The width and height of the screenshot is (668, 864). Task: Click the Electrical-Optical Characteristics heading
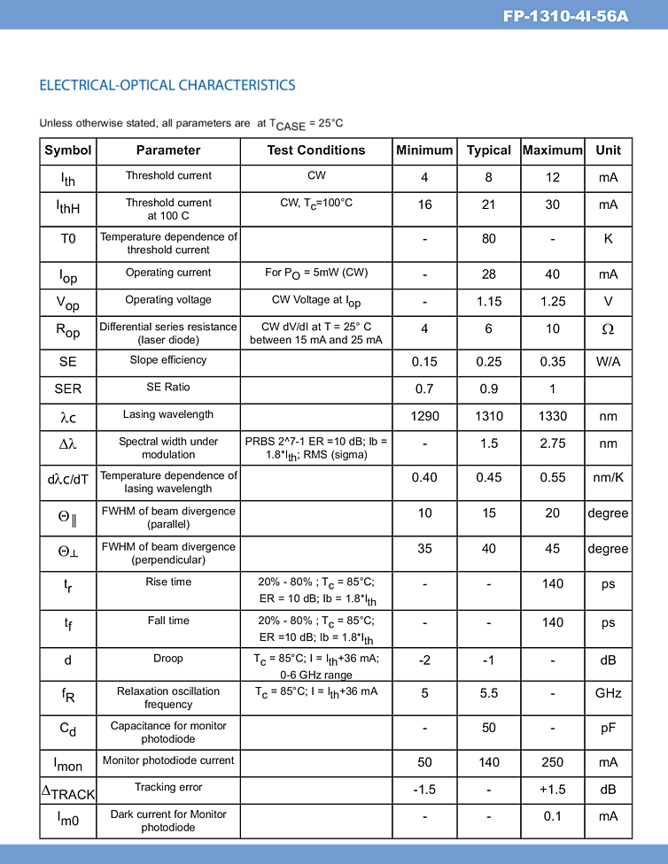click(x=167, y=85)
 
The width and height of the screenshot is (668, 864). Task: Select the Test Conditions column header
click(x=316, y=150)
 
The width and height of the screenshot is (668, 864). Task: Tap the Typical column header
click(x=489, y=150)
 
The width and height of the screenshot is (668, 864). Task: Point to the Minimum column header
click(x=424, y=150)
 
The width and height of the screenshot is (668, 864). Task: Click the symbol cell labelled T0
click(x=68, y=239)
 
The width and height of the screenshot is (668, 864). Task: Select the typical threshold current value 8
click(x=489, y=178)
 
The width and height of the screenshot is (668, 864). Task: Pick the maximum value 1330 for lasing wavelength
click(x=553, y=416)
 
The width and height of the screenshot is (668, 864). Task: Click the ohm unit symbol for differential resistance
click(x=608, y=328)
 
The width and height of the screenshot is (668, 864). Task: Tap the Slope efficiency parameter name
click(x=168, y=360)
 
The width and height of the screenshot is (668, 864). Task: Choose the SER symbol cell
click(x=68, y=389)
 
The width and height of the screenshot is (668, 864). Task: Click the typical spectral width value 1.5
click(x=489, y=444)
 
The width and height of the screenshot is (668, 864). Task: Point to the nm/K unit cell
click(x=608, y=478)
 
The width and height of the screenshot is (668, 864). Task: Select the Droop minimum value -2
click(x=424, y=660)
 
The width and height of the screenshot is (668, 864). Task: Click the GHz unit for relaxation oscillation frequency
click(x=608, y=694)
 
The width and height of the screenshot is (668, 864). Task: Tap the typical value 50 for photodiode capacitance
click(x=489, y=728)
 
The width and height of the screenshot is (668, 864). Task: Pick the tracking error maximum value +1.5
click(x=553, y=790)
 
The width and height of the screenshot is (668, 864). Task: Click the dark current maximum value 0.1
click(x=553, y=817)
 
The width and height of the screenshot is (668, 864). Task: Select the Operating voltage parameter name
click(x=168, y=300)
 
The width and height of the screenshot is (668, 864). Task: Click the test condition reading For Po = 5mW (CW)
click(x=316, y=273)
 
